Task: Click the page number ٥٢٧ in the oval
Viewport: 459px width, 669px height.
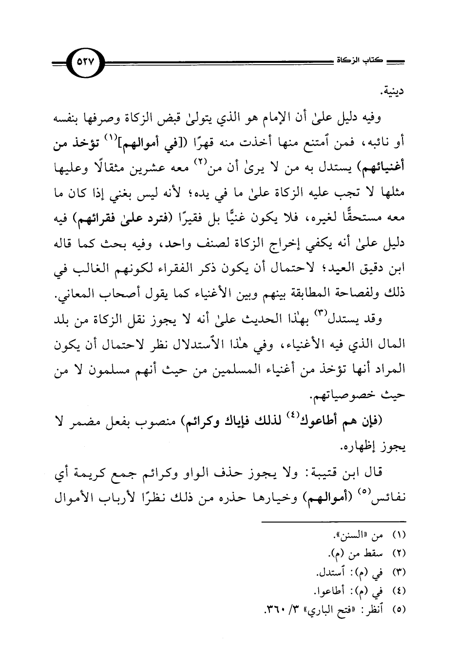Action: point(88,63)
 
